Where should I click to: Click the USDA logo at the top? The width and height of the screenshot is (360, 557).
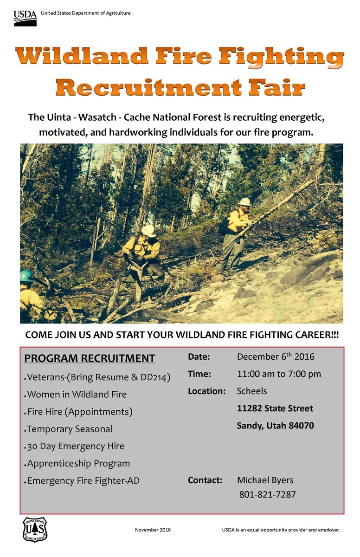tap(25, 18)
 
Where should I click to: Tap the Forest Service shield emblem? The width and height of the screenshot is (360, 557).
tap(35, 529)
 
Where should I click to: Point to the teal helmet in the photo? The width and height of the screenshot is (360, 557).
tap(26, 276)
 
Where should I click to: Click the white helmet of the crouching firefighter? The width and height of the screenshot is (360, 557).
tap(148, 231)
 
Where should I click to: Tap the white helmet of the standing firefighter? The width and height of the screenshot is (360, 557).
tap(244, 202)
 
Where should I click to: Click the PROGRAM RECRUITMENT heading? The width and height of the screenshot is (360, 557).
tap(90, 358)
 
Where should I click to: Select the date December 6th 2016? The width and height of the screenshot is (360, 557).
tap(276, 356)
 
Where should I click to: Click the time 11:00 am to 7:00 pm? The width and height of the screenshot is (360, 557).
tap(279, 374)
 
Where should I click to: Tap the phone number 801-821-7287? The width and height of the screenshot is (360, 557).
tap(267, 495)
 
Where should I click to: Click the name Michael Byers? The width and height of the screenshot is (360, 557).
tap(265, 480)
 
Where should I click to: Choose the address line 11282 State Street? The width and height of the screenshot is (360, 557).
tap(275, 408)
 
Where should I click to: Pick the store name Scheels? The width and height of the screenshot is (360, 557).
tap(252, 391)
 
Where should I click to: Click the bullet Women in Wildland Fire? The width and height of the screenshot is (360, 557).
tap(77, 395)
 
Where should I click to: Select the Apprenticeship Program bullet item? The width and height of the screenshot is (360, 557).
tap(78, 463)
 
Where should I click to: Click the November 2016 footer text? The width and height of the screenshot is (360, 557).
tap(153, 530)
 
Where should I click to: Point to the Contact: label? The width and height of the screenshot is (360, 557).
tap(205, 480)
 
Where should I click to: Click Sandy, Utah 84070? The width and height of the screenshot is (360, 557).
tap(275, 426)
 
